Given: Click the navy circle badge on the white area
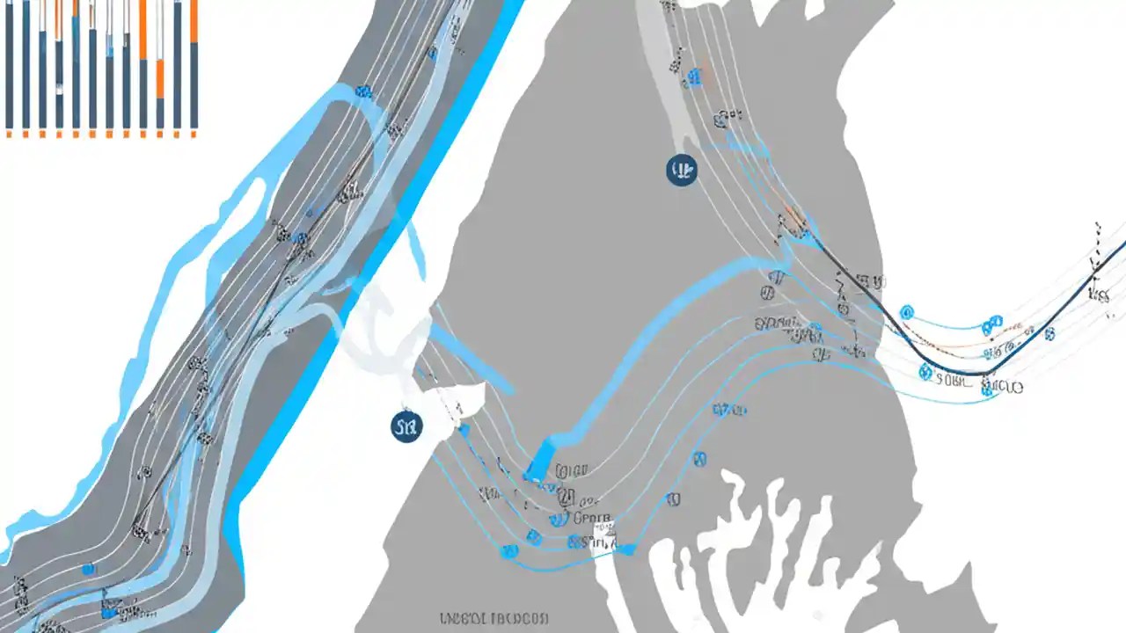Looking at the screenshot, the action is coord(406,427).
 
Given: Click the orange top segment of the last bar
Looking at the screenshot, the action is coord(194,21).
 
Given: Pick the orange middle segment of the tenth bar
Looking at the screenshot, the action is coord(160,79).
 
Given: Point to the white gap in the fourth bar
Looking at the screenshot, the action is coord(59,88).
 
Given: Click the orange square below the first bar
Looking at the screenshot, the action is coord(10,135).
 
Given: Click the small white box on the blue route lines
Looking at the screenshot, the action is coord(605,534).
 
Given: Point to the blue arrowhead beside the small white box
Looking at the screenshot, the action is coord(626,549).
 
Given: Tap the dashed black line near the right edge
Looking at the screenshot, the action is coord(1097,255).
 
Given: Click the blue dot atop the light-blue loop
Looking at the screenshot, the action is coord(362,91).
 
